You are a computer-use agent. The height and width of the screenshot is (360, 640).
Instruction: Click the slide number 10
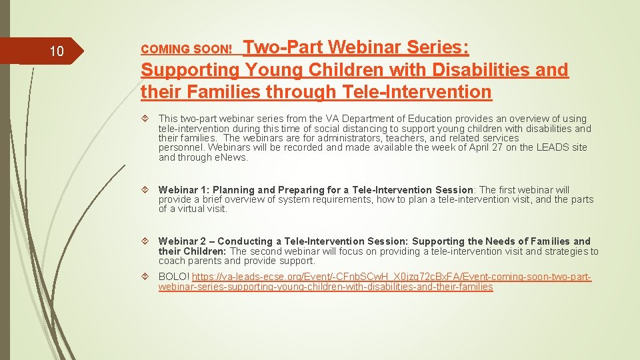57,51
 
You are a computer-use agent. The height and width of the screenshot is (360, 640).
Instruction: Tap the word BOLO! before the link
173,277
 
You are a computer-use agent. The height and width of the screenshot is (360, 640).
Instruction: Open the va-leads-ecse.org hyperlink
373,281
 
